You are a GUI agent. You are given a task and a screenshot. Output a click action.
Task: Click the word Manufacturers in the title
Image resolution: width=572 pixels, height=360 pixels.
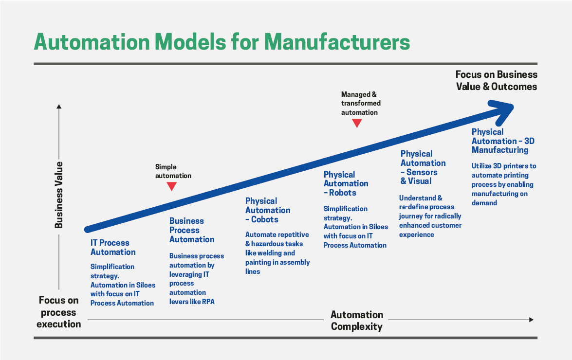coord(337,42)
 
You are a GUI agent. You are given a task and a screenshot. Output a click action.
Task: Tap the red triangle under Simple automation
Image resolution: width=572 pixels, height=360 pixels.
coord(171,186)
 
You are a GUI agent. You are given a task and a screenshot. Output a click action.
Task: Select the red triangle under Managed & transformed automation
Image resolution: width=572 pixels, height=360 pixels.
coord(357,123)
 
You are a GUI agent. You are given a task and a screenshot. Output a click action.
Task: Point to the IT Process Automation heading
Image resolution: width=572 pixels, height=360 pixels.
coord(113,247)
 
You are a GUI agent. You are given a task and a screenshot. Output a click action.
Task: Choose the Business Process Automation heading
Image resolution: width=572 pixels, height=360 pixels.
coord(192,230)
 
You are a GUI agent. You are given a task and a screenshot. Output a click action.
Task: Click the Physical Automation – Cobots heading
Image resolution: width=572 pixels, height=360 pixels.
coord(268,210)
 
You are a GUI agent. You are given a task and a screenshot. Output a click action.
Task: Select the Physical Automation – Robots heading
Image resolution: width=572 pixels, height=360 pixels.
coord(346,183)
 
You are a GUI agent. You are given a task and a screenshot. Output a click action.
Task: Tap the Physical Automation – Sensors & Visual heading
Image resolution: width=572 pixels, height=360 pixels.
coord(423,167)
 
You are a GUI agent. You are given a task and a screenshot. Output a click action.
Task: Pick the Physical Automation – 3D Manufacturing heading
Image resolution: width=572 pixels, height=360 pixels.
coord(503,141)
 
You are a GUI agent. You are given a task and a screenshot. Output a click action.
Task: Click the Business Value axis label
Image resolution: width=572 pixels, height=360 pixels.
coord(59,195)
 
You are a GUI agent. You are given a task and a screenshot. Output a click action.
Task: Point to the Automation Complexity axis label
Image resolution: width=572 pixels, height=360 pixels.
coord(357,321)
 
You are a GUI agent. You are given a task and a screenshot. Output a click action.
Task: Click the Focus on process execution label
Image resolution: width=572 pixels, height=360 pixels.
coord(58,312)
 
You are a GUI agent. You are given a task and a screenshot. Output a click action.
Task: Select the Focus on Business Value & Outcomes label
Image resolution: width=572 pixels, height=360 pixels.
coord(496,80)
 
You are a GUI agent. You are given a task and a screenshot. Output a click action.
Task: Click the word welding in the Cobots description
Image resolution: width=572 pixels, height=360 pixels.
coord(283,253)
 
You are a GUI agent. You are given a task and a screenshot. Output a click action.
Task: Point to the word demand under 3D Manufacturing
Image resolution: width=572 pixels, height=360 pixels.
coord(484,203)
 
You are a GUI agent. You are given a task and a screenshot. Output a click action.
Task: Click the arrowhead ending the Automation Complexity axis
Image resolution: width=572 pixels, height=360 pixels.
coord(531,320)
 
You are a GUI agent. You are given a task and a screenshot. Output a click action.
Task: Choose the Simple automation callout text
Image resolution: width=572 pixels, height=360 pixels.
coord(173,171)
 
